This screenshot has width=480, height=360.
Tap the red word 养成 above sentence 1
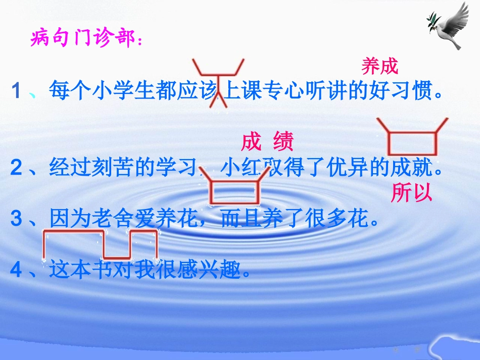pos(380,66)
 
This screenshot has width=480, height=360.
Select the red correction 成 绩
pos(267,143)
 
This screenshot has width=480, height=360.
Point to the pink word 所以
pos(411,193)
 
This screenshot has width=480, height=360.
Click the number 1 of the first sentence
pos(17,91)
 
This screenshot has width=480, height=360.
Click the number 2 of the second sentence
pos(16,168)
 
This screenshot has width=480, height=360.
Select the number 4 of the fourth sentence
pos(16,271)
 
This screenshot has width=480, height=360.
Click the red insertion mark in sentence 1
pos(218,83)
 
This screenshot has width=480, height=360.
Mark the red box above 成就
pos(412,141)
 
